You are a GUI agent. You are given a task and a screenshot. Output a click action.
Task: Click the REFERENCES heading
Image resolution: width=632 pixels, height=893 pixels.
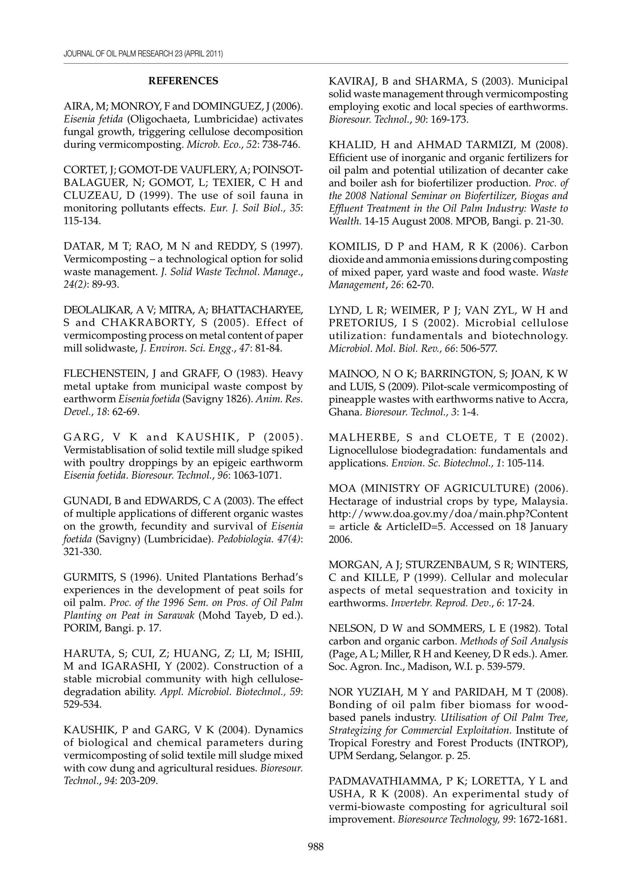coord(183,81)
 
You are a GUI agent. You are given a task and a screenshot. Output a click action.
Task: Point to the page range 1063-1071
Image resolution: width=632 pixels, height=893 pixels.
coord(257,475)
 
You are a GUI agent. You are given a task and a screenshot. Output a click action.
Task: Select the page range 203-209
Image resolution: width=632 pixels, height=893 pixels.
coord(139,781)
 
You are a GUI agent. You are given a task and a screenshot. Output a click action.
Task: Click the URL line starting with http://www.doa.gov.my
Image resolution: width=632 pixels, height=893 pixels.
coord(448,514)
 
